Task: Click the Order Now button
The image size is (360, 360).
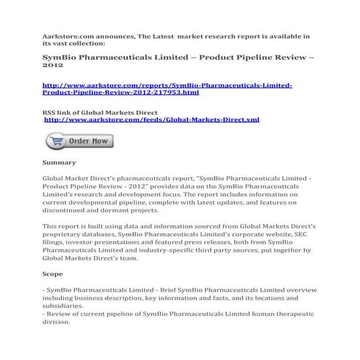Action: pyautogui.click(x=79, y=140)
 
